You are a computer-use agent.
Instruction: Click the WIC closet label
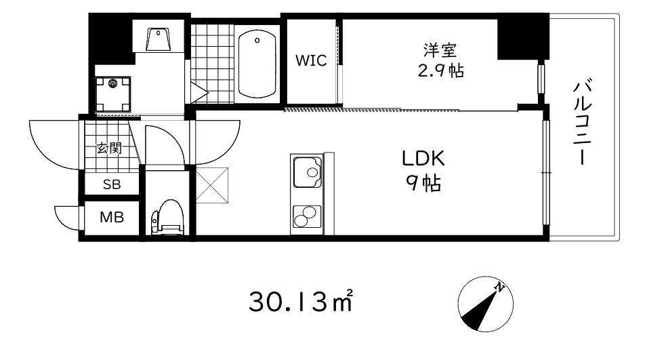[x=311, y=60]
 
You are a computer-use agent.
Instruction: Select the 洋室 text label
[x=440, y=49]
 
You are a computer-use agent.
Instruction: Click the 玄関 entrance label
[x=108, y=147]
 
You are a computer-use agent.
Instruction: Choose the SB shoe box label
[x=111, y=184]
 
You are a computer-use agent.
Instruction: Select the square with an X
[x=212, y=184]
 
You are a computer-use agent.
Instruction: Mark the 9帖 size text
[x=423, y=182]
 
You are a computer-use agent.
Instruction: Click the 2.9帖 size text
[x=440, y=70]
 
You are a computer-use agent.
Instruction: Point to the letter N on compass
[x=499, y=287]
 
